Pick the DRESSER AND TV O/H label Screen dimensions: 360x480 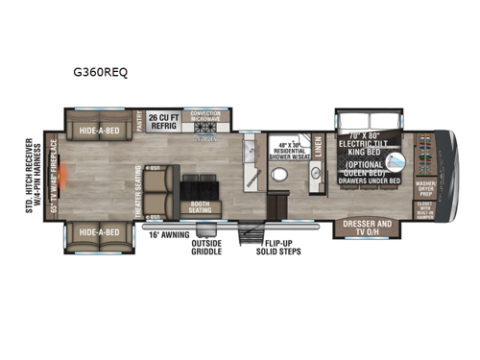pos(368,227)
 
